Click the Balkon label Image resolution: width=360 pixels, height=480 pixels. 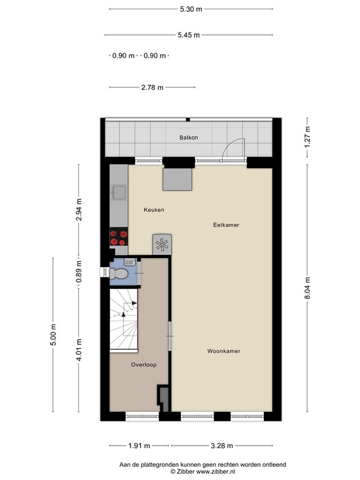(x=189, y=137)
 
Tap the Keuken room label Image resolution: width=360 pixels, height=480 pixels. (x=154, y=210)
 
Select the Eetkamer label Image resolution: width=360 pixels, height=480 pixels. (x=226, y=225)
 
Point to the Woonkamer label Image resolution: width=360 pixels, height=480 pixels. (x=224, y=351)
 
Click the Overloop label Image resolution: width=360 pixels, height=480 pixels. (x=144, y=364)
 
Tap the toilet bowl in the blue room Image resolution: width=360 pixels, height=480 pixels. (x=119, y=273)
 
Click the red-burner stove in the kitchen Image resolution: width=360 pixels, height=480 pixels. (x=119, y=237)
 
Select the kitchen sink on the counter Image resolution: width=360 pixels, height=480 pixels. (x=119, y=192)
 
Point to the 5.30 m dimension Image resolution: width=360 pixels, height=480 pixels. (x=191, y=9)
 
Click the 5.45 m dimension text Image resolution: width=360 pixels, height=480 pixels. (x=189, y=35)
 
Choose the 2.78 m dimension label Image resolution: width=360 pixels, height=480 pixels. (x=152, y=87)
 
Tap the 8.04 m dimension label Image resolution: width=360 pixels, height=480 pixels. (x=307, y=288)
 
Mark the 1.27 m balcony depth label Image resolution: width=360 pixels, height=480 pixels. (x=307, y=137)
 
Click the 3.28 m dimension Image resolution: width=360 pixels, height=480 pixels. (x=222, y=446)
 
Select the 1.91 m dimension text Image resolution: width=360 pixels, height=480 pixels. (x=139, y=446)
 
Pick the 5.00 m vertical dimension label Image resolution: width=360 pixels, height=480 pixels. (x=53, y=334)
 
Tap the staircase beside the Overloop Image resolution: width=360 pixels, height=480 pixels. (x=124, y=319)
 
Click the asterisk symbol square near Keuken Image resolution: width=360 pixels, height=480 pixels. (x=162, y=244)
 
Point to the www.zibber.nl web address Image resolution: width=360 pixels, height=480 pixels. (x=215, y=471)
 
